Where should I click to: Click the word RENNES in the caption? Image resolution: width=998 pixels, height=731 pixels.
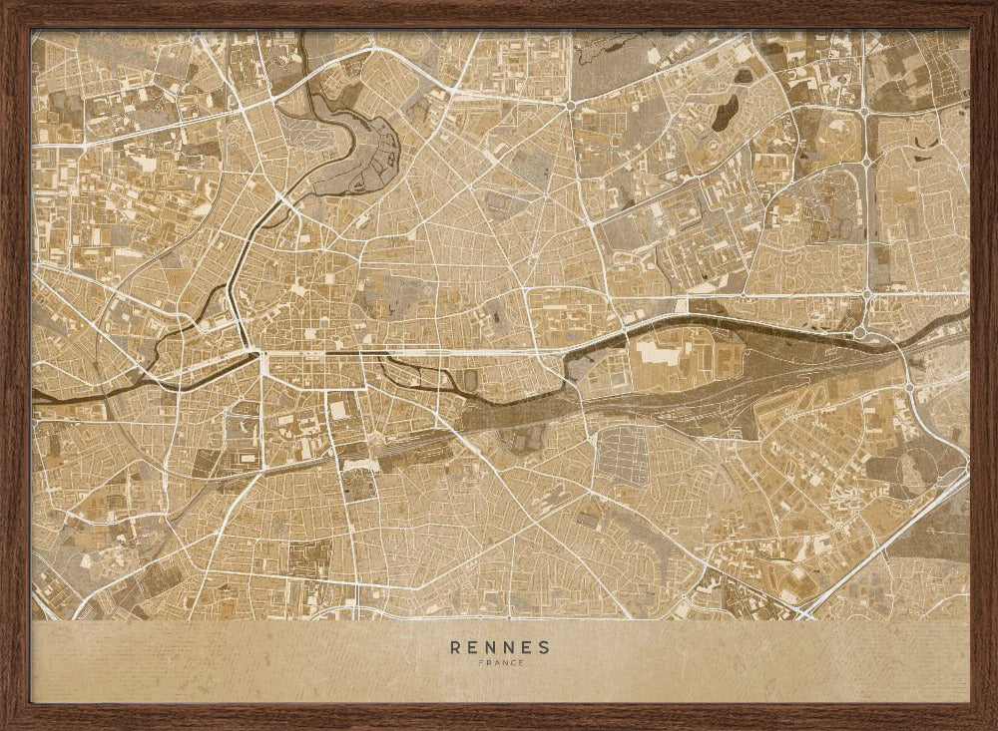click(x=500, y=646)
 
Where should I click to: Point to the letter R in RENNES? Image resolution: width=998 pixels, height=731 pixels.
click(x=456, y=646)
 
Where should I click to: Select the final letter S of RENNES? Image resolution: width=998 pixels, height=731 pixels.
click(x=544, y=646)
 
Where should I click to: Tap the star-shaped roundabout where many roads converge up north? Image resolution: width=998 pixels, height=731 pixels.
click(x=570, y=105)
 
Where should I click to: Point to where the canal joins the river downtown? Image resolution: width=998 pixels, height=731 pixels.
click(x=249, y=352)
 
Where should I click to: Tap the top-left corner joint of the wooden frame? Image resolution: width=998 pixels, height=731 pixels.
click(x=14, y=14)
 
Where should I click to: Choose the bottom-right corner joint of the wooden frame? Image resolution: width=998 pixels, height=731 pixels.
click(x=983, y=716)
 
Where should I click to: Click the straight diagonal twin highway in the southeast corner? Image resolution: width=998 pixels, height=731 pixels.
click(x=888, y=544)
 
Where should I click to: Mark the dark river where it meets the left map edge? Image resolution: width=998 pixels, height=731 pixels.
click(x=36, y=397)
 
